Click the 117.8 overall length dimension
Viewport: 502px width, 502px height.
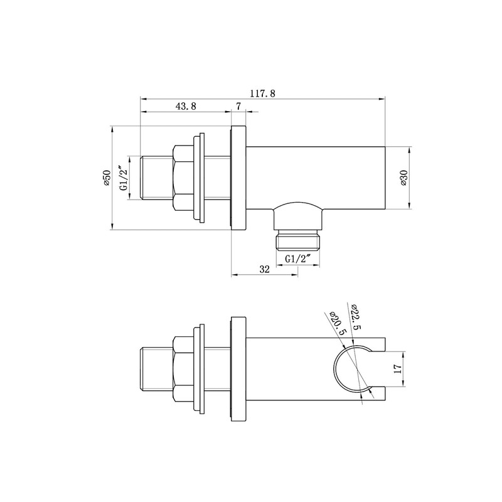(262, 93)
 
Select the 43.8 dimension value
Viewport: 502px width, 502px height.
(186, 106)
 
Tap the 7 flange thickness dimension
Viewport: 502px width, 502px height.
(238, 106)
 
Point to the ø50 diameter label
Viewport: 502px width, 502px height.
(106, 178)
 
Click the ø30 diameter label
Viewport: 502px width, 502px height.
(403, 178)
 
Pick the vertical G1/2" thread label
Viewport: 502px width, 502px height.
(124, 178)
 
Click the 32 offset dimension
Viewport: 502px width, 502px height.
(264, 269)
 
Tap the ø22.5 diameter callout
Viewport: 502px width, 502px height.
(356, 317)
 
